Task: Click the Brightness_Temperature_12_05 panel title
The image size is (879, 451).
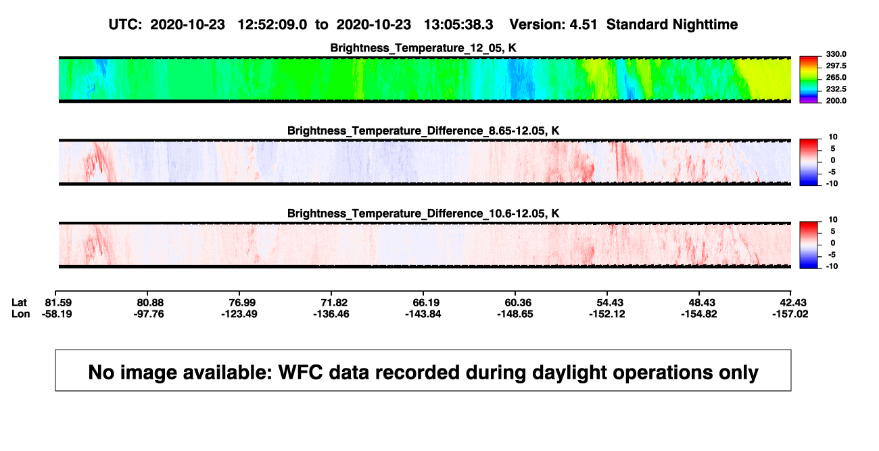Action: point(423,48)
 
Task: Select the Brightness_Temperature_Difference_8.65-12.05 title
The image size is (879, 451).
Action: point(423,130)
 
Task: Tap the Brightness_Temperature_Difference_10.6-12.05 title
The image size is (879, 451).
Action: point(423,214)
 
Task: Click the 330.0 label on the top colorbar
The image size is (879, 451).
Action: point(836,54)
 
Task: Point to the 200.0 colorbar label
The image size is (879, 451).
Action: point(836,101)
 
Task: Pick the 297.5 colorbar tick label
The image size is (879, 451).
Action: point(836,66)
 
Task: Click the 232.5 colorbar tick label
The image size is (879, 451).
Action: point(836,89)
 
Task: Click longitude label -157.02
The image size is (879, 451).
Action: point(790,314)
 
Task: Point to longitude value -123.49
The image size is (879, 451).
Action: point(239,314)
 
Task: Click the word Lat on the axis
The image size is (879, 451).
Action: point(19,303)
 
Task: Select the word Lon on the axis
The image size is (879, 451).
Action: point(21,314)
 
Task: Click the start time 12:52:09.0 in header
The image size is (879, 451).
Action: point(272,24)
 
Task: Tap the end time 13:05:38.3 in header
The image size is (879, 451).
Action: point(458,24)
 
